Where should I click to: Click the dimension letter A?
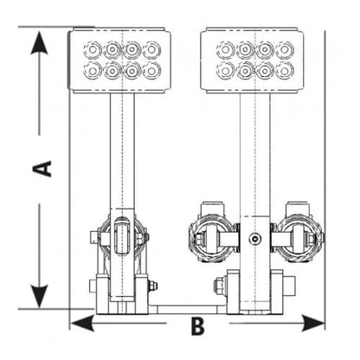(42, 169)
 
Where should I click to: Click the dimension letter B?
(198, 326)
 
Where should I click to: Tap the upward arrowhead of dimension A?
(39, 42)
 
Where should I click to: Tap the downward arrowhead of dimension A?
(39, 296)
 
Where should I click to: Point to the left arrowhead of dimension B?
(82, 323)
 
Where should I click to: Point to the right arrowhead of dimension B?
(313, 323)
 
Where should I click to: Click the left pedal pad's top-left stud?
(93, 50)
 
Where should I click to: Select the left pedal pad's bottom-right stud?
(151, 70)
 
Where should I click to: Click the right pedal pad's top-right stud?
(285, 49)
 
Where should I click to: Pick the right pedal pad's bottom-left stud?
(226, 70)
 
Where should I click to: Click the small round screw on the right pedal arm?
(254, 239)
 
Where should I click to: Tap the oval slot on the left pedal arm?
(122, 236)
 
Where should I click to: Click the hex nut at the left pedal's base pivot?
(152, 286)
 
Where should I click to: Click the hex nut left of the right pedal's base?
(220, 285)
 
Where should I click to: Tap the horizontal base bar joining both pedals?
(188, 309)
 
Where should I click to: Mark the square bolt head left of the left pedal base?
(93, 286)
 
